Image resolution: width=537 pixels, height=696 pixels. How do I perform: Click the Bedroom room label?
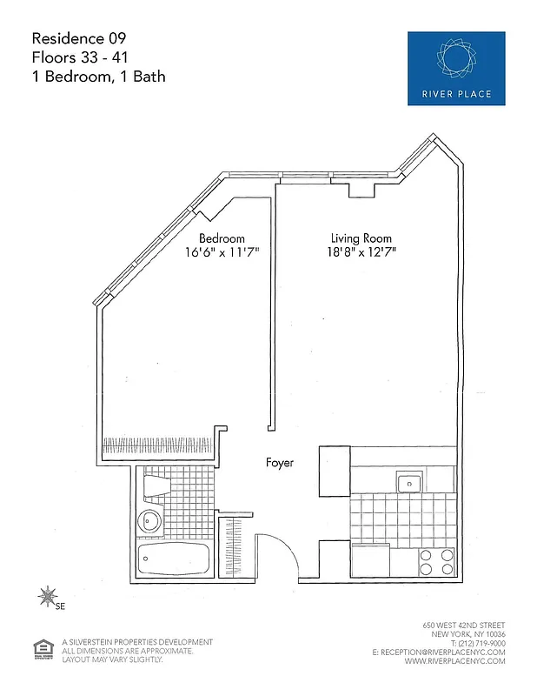coord(222,238)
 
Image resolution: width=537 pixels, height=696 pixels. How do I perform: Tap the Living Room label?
coord(361,238)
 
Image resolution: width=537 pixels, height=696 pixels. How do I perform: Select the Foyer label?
coord(280,464)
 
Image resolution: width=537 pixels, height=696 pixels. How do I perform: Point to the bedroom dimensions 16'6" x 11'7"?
coord(222,253)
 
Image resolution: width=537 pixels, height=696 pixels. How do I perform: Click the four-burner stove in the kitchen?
coord(436,561)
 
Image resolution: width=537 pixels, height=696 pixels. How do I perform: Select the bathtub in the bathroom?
coord(174,559)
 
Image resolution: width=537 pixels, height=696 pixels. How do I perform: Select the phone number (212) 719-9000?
coord(473,643)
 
